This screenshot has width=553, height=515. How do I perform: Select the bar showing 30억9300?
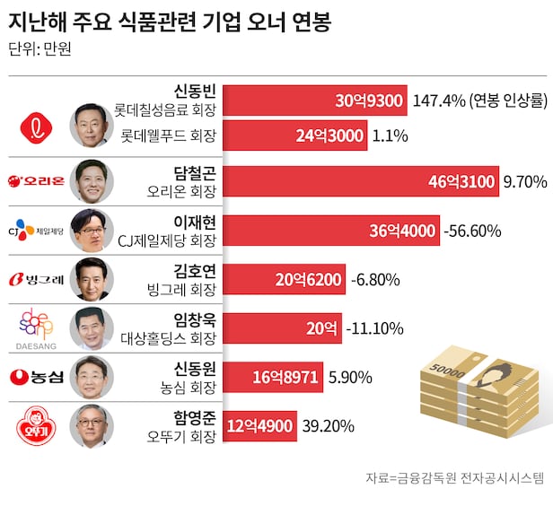[315, 100]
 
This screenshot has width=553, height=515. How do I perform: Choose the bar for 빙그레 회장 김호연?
[282, 280]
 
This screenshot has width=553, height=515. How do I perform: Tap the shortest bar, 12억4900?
[260, 425]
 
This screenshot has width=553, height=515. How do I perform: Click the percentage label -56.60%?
[472, 231]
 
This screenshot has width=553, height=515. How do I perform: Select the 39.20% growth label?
[330, 425]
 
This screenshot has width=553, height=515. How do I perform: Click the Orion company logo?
[37, 183]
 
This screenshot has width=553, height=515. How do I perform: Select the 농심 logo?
[37, 377]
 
